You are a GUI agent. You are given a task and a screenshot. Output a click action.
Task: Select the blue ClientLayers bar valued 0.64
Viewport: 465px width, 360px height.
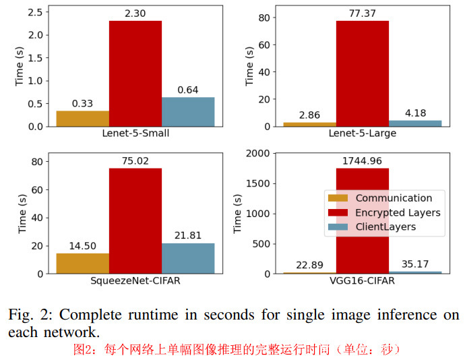187,112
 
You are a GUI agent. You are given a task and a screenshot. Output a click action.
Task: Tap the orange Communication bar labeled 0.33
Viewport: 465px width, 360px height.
82,119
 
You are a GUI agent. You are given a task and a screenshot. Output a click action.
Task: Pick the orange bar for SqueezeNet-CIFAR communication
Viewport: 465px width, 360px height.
82,264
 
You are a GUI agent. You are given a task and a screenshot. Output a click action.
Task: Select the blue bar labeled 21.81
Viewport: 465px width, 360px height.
187,258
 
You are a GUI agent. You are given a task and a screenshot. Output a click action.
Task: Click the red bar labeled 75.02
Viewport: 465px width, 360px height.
135,221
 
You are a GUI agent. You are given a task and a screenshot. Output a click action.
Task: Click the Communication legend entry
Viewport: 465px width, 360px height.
394,198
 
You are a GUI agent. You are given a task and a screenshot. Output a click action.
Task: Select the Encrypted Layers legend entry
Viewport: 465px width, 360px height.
398,213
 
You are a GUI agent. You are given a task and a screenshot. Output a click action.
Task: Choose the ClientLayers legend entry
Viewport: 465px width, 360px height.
385,227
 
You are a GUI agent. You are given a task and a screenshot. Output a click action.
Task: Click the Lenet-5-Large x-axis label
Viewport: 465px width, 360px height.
362,133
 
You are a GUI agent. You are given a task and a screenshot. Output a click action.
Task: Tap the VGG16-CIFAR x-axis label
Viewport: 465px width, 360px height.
362,280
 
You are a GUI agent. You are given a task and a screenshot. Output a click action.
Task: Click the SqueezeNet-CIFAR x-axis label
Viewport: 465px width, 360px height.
135,280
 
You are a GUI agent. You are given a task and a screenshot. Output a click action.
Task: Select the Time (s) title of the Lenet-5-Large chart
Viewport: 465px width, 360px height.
249,65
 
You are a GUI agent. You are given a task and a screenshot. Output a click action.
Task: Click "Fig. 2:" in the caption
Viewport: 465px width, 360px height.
28,316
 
